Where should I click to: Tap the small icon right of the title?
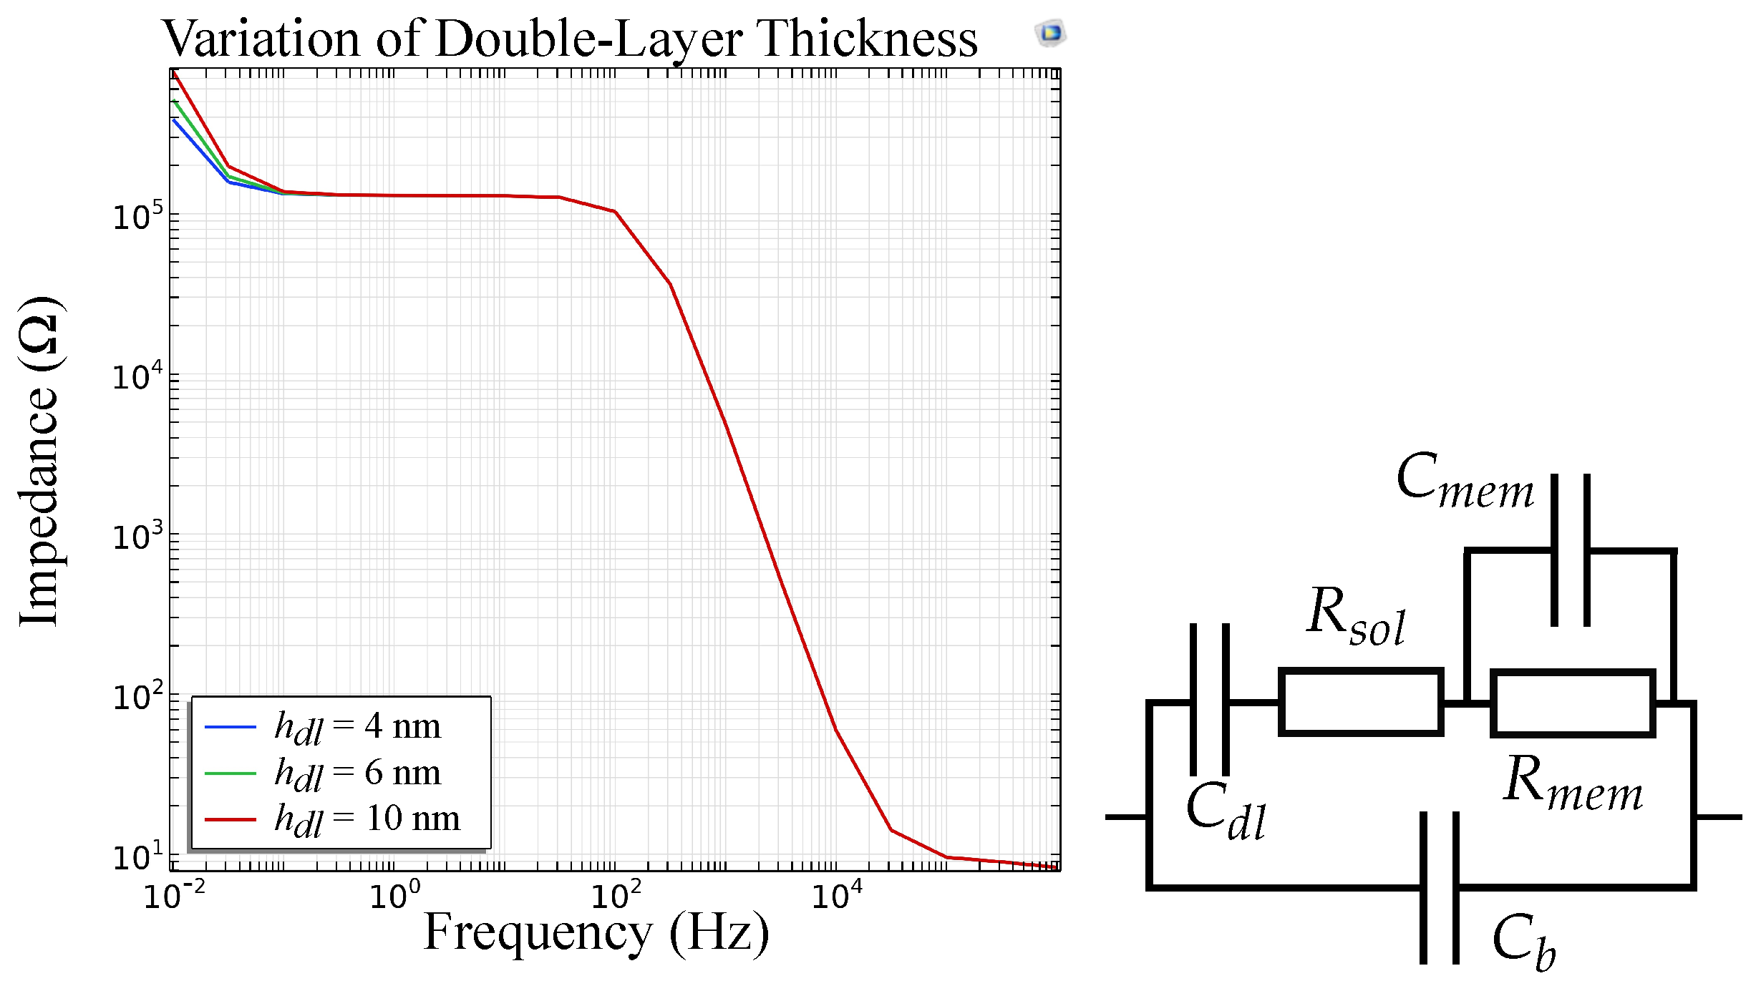coord(1050,33)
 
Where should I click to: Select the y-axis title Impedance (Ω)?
coord(40,462)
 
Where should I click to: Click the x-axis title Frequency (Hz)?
coord(596,932)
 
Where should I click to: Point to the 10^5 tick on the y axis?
coord(137,215)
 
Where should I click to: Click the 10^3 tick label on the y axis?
coord(137,536)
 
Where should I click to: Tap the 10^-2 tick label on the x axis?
coord(174,895)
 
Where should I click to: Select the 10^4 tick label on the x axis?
coord(836,895)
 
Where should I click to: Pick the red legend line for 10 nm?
coord(231,819)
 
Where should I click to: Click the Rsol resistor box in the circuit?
coord(1360,702)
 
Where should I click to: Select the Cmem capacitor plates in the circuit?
coord(1571,550)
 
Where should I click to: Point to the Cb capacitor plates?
coord(1440,887)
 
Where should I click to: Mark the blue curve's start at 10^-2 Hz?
coord(175,120)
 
